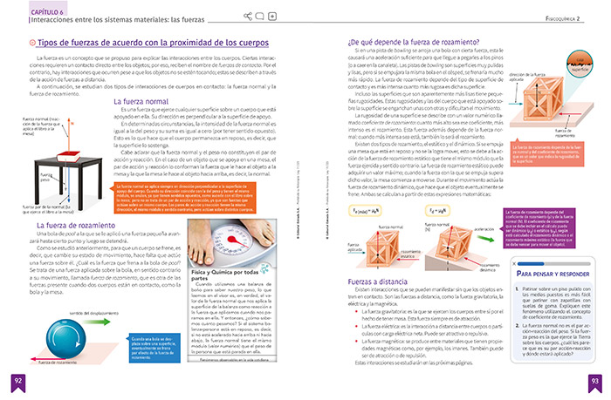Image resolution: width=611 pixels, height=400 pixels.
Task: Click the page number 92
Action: pyautogui.click(x=17, y=381)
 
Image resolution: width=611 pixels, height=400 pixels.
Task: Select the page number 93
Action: pyautogui.click(x=594, y=381)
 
